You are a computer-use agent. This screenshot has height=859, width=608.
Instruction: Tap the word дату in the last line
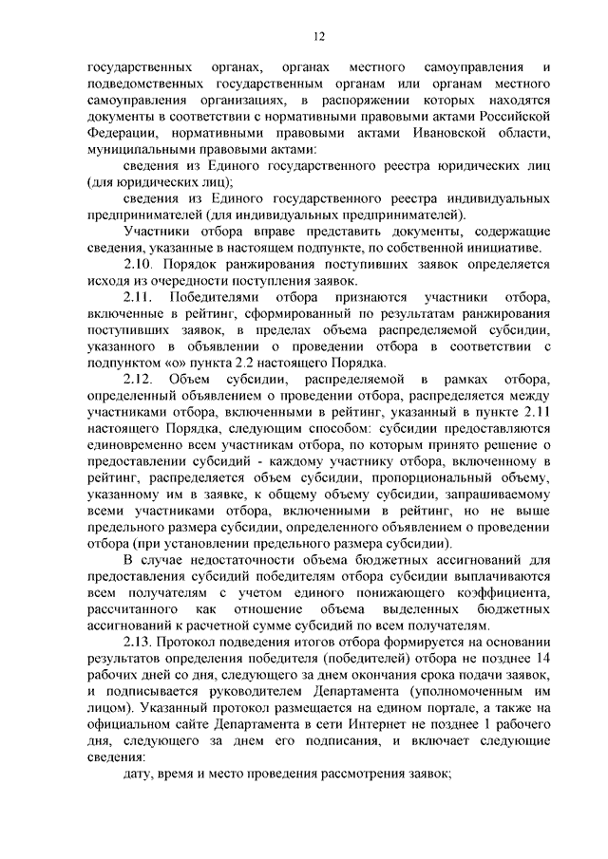(140, 776)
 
